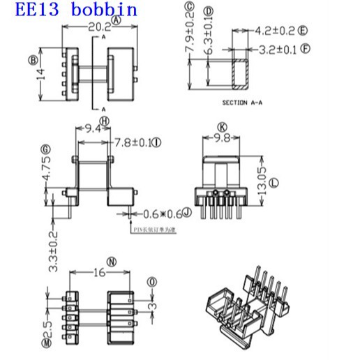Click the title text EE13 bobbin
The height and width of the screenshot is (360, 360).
[x=69, y=10]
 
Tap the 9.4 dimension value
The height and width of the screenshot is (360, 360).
[x=94, y=128]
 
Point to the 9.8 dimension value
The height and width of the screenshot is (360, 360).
[x=222, y=137]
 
